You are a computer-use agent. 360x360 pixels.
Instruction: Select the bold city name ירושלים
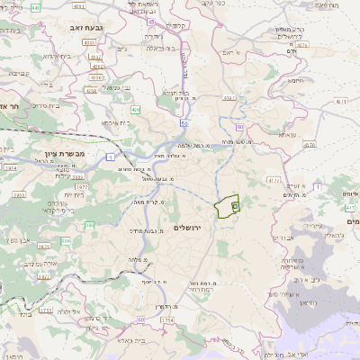(x=189, y=229)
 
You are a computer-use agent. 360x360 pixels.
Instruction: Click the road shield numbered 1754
(x=166, y=319)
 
